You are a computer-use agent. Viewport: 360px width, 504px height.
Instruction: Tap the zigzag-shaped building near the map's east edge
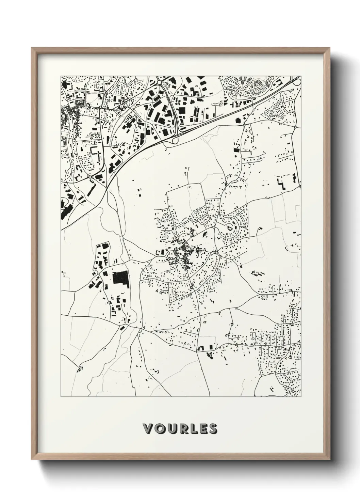click(x=282, y=182)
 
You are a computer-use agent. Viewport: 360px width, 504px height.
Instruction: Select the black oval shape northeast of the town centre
click(x=204, y=234)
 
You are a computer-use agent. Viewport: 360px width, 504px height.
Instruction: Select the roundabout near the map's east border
click(x=295, y=127)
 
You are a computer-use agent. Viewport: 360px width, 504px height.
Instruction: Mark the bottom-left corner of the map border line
click(x=61, y=397)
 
